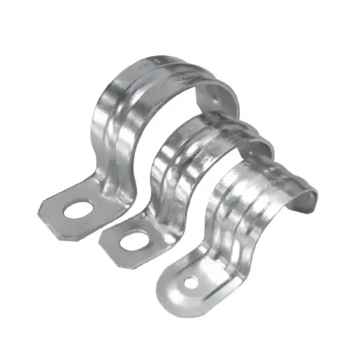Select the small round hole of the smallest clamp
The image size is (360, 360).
point(191,283)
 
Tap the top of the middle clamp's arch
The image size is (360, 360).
point(211,127)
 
